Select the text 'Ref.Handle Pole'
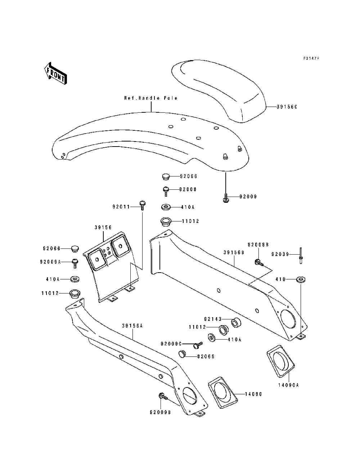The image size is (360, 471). click(151, 98)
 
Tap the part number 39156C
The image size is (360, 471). click(287, 107)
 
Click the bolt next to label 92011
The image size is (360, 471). click(142, 205)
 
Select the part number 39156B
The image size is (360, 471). click(234, 252)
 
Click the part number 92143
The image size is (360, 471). click(212, 319)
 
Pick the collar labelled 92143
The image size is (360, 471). click(236, 322)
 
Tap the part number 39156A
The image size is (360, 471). click(132, 326)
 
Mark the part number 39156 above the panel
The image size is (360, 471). click(103, 228)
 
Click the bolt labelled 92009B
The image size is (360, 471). click(162, 396)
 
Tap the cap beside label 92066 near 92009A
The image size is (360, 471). click(75, 248)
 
